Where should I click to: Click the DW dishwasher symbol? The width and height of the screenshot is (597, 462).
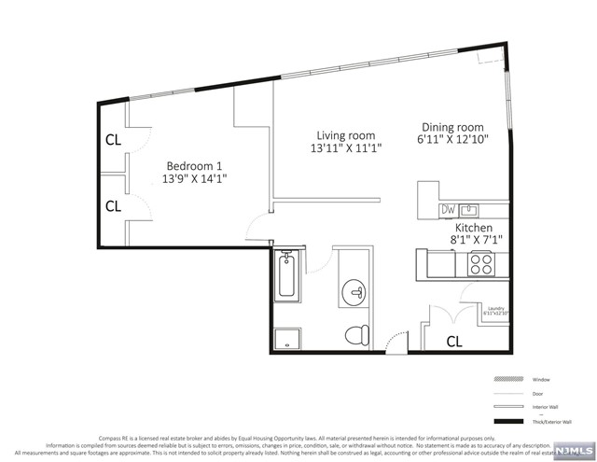[x=449, y=210]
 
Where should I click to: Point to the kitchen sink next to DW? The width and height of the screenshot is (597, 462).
[x=471, y=210]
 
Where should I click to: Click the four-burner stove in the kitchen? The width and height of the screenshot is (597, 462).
[x=481, y=264]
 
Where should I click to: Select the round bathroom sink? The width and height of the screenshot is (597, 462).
[x=354, y=291]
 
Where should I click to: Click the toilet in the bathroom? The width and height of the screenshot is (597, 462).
[x=355, y=333]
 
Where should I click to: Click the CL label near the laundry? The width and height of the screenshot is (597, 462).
[x=454, y=341]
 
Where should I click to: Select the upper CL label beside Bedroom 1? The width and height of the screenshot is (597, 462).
[x=113, y=141]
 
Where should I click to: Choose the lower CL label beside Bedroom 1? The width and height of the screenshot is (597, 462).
[x=113, y=205]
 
